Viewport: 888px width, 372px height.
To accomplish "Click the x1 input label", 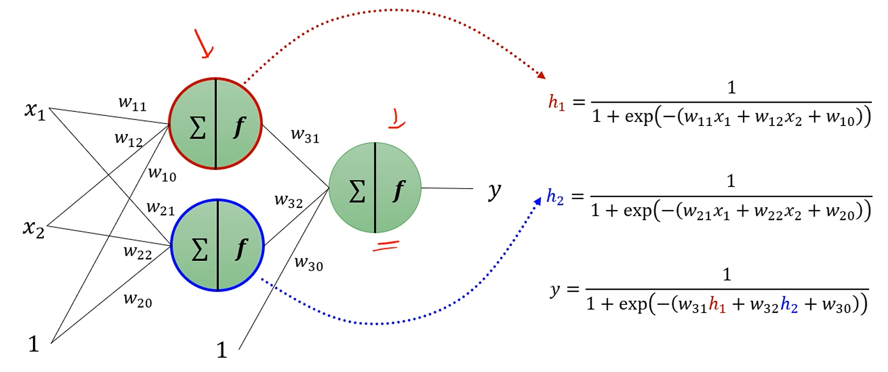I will (35, 110).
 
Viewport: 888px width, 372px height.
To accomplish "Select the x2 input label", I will (34, 228).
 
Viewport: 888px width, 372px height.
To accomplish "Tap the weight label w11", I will (132, 103).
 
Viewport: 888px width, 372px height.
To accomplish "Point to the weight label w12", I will (128, 139).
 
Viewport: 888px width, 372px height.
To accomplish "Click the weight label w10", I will (162, 174).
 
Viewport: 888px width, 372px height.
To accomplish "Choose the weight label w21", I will (160, 208).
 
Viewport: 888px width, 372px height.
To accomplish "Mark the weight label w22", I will (137, 252).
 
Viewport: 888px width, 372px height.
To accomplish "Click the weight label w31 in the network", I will (305, 135).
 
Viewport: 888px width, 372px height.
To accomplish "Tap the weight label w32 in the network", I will (288, 201).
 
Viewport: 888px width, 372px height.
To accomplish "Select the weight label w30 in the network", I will (308, 263).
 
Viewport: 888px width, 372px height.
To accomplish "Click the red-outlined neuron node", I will (216, 123).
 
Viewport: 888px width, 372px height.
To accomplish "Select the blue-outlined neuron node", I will (217, 245).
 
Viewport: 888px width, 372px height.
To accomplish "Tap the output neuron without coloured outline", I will (375, 188).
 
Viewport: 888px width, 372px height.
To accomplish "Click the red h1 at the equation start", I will (556, 103).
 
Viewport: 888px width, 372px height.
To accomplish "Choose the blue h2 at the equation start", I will (555, 197).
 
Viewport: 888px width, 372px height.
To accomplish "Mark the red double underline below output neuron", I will (386, 246).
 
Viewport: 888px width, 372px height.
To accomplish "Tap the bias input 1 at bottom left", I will (34, 345).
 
